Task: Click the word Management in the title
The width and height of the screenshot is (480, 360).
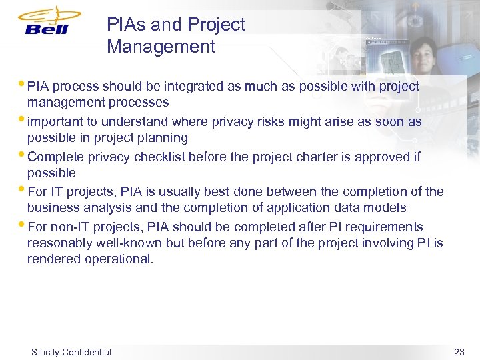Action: coord(161,47)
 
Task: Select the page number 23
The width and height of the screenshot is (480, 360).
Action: coord(459,352)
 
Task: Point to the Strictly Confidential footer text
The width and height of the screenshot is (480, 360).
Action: coord(71,352)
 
